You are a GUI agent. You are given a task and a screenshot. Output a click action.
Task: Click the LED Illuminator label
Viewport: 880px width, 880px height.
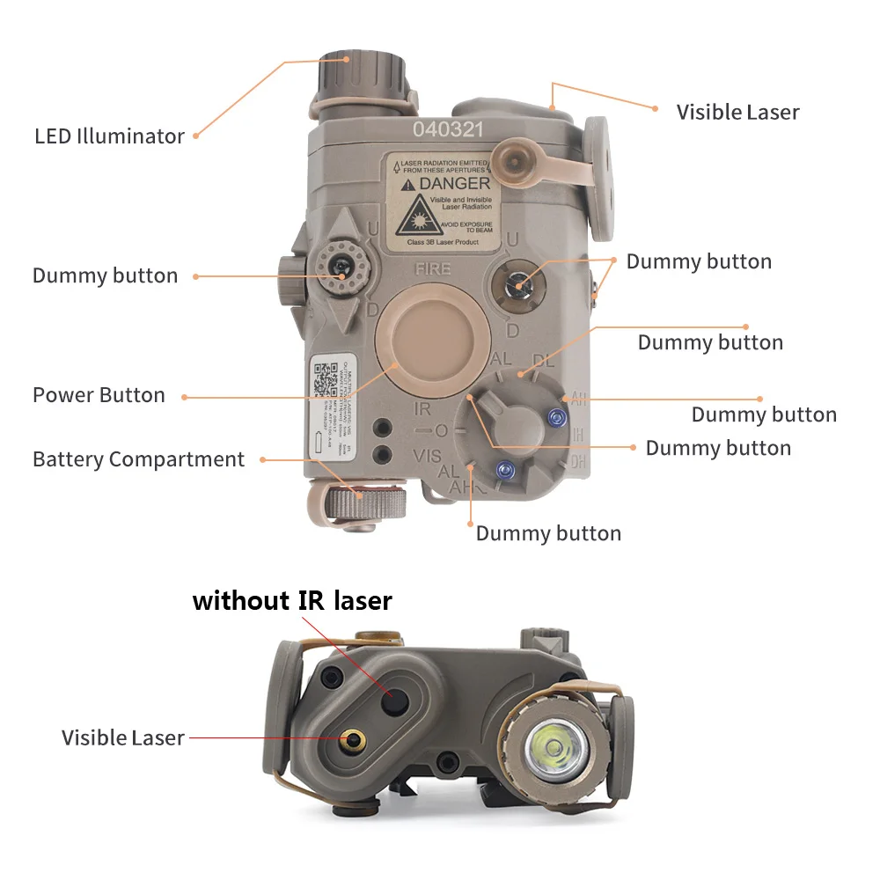click(x=109, y=136)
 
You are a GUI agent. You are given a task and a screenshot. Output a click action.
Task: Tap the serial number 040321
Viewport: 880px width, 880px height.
click(x=449, y=129)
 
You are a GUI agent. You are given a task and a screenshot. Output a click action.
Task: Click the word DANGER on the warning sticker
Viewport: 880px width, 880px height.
click(x=455, y=184)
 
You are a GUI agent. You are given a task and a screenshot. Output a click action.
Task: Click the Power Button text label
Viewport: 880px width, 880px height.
click(x=99, y=395)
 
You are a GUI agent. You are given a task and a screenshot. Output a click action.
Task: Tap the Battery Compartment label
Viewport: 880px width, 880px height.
click(x=138, y=459)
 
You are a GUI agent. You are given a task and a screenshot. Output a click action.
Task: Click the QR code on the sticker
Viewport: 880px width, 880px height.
click(x=326, y=381)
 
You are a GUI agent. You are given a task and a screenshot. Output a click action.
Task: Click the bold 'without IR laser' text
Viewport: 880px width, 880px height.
click(x=292, y=601)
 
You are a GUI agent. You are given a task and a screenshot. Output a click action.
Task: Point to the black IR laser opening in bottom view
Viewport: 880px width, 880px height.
click(x=393, y=699)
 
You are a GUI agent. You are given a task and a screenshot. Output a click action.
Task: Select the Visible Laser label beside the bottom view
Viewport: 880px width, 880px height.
click(x=123, y=737)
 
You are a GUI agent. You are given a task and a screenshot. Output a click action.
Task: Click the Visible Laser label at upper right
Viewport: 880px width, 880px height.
click(x=737, y=113)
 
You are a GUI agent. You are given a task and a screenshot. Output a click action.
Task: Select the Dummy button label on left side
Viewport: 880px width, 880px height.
click(x=105, y=275)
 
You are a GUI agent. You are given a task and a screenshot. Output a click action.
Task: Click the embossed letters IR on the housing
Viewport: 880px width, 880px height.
click(x=422, y=408)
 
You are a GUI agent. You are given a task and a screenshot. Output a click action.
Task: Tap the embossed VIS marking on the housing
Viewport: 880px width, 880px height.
click(x=426, y=455)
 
